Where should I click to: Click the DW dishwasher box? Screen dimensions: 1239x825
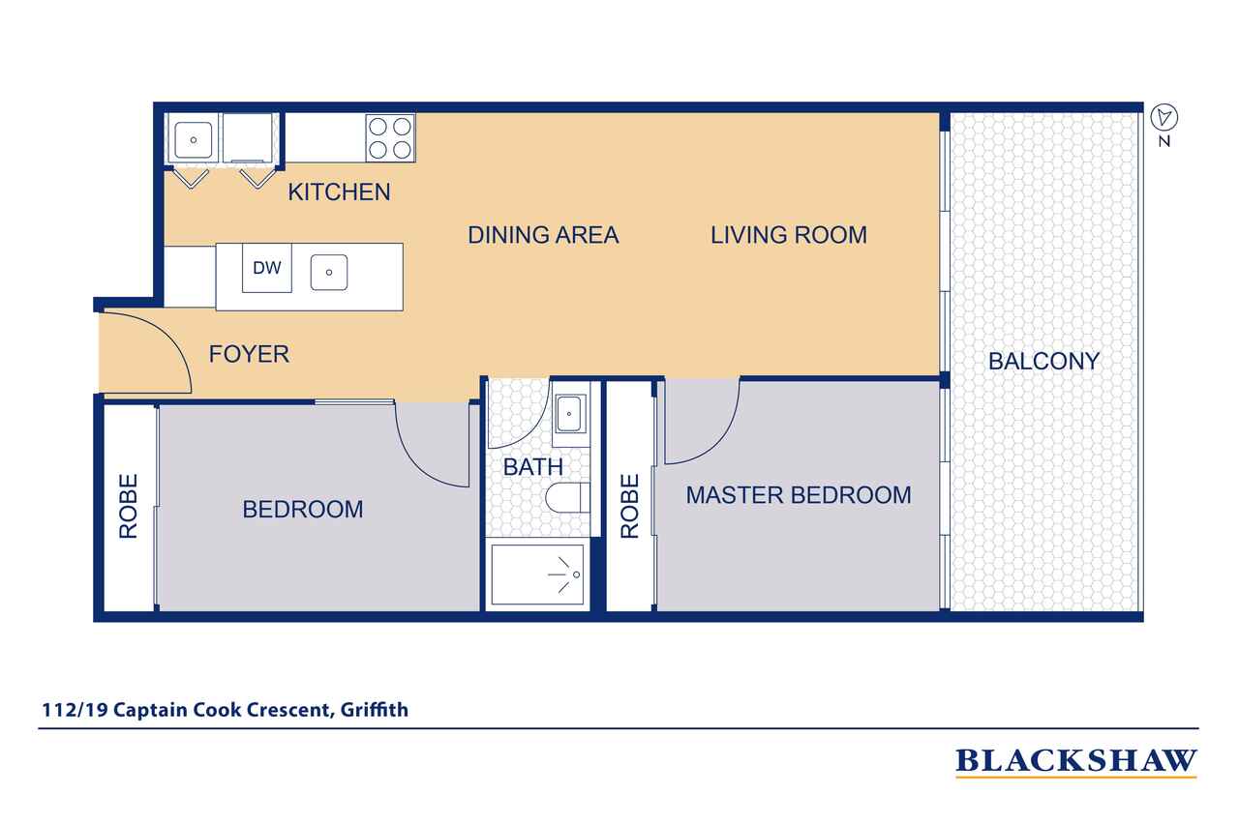pos(266,268)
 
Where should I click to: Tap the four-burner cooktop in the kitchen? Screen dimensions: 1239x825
pos(390,138)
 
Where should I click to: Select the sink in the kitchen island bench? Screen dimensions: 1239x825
pos(329,273)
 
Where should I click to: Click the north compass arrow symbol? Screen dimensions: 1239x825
pos(1164,117)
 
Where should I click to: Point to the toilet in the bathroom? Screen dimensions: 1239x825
pos(567,498)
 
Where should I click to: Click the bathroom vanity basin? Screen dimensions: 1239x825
pos(570,413)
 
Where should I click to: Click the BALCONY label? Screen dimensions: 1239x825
pos(1043,362)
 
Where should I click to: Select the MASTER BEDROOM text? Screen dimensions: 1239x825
pos(799,495)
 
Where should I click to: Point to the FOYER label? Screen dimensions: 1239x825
pos(249,354)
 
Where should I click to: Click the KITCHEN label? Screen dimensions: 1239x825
pos(339,192)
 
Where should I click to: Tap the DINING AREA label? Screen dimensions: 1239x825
pos(543,235)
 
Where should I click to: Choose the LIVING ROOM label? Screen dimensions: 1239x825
pos(789,235)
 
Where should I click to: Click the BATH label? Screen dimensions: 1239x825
pos(533,467)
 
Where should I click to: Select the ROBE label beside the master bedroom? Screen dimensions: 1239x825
pos(629,506)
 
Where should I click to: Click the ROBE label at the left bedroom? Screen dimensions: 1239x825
pos(129,506)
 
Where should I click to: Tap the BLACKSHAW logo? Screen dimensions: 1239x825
pos(1076,761)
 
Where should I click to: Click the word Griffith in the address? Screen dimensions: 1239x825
pos(375,710)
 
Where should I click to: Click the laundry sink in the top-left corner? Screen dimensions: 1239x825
pos(193,140)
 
